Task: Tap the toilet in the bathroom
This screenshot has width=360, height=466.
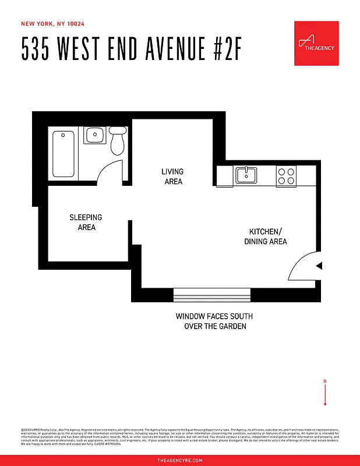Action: click(118, 141)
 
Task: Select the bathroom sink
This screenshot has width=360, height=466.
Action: click(94, 136)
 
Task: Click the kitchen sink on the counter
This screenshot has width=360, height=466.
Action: click(246, 175)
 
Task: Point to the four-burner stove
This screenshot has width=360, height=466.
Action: click(285, 176)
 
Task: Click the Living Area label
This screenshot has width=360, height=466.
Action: click(172, 176)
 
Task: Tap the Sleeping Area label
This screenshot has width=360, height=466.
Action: click(86, 222)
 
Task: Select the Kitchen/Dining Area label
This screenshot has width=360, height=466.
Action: click(265, 236)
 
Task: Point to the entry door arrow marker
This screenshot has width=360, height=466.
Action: click(319, 266)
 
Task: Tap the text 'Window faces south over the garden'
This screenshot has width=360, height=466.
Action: click(214, 322)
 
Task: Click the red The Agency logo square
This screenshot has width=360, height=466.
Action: click(316, 44)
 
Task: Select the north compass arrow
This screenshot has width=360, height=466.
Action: click(325, 392)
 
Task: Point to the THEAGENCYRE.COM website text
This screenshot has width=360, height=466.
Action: click(180, 460)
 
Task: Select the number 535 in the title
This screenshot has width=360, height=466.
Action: click(34, 50)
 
